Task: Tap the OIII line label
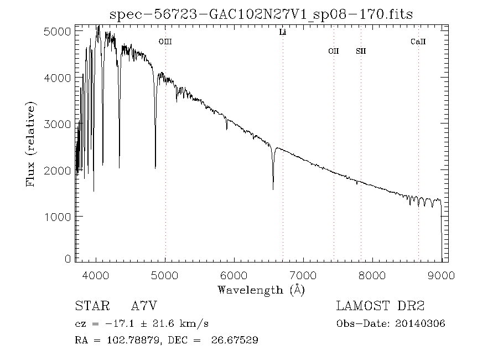tap(165, 42)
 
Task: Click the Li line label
tap(282, 33)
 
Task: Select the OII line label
tap(333, 51)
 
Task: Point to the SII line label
tap(361, 51)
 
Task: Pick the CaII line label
tap(418, 42)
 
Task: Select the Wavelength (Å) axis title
tap(261, 290)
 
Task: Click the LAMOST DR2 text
tap(380, 306)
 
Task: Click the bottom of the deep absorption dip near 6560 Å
tap(273, 189)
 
